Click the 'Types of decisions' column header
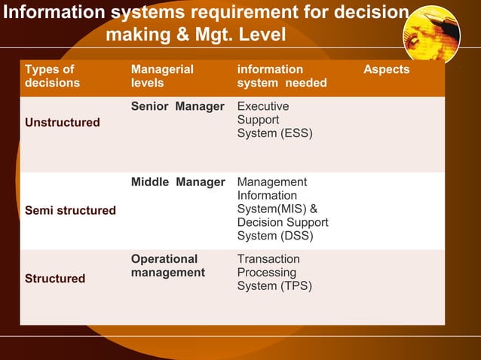coord(52,75)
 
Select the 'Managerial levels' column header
coord(161,75)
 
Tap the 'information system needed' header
coord(281,75)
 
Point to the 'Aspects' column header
coord(386,69)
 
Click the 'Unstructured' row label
coord(62,122)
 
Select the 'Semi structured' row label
coord(70,210)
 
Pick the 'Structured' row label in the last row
coord(55,279)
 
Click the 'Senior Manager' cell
coord(177,106)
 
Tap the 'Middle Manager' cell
coord(177,182)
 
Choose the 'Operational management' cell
coord(167,265)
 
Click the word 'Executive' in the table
coord(262,106)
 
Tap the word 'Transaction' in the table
coord(268,259)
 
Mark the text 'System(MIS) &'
coord(277,209)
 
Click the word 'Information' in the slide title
coord(54,13)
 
